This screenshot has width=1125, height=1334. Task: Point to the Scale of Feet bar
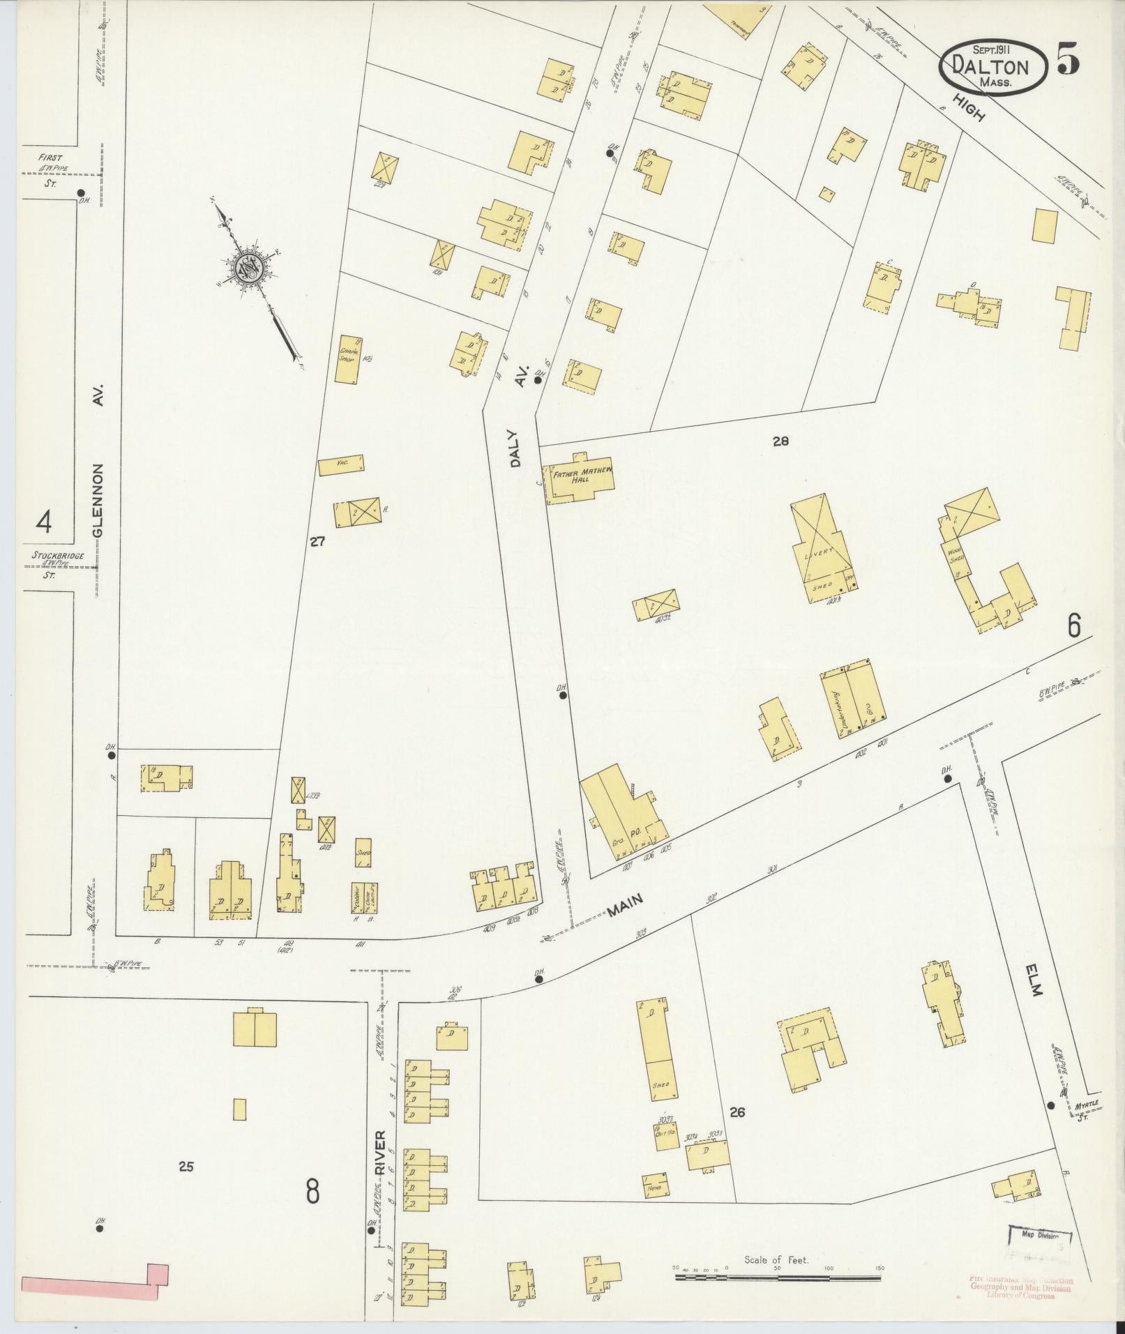(x=776, y=1277)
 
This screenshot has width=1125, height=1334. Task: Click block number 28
(x=780, y=440)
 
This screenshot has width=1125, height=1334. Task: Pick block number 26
(x=737, y=1112)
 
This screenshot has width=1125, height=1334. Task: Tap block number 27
(x=317, y=540)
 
